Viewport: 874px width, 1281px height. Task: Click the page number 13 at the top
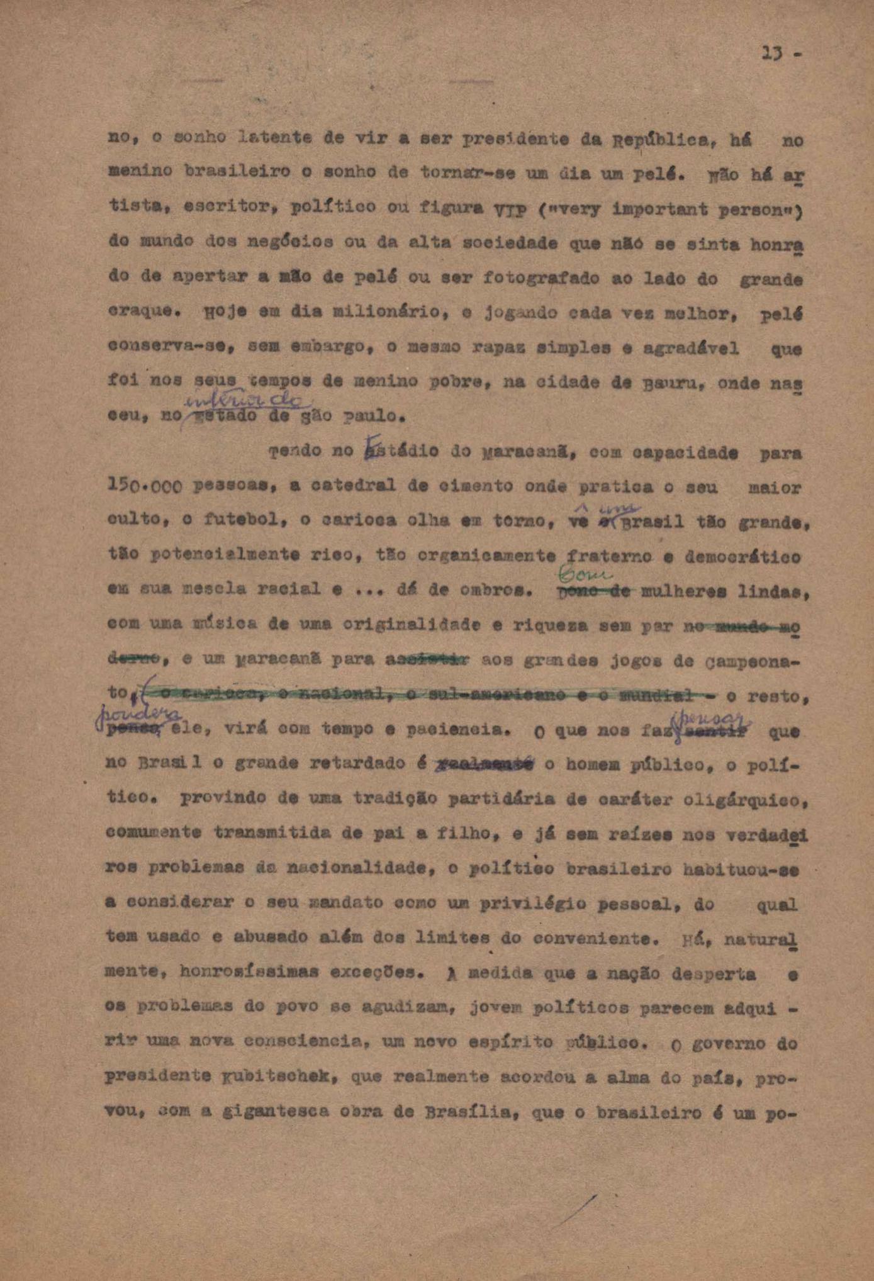tap(772, 53)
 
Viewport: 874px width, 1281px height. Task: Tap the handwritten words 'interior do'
tap(245, 400)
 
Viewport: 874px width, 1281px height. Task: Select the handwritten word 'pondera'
tap(139, 715)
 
